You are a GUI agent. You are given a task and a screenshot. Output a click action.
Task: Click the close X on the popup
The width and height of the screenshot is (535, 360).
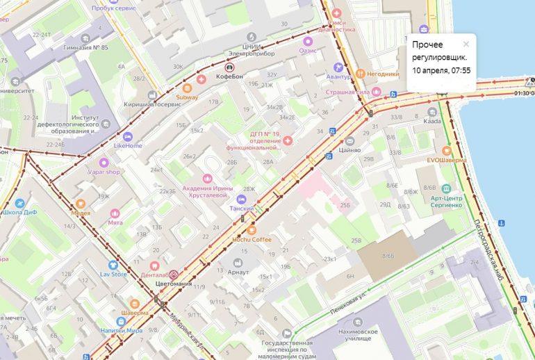point(466,43)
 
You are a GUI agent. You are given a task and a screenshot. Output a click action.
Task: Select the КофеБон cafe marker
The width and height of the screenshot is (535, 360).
point(229,67)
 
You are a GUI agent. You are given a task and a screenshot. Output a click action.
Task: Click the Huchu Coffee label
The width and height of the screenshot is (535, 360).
point(252,239)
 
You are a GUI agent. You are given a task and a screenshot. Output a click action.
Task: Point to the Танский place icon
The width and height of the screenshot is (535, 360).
point(241,199)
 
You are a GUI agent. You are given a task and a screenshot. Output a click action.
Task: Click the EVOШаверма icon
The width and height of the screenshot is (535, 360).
point(446,150)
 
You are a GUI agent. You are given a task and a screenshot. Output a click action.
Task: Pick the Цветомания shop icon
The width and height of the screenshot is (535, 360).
point(174,274)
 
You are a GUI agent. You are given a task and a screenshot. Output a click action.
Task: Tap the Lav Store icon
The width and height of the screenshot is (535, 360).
point(113,265)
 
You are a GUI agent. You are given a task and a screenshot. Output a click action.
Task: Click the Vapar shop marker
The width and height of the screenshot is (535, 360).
point(104,162)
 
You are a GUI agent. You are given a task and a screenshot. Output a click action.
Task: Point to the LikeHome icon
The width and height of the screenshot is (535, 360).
point(127,136)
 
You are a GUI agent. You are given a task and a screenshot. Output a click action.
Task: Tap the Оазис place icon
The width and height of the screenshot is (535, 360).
point(308,41)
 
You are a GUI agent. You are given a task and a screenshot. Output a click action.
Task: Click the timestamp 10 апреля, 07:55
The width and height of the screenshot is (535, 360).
point(441,70)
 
